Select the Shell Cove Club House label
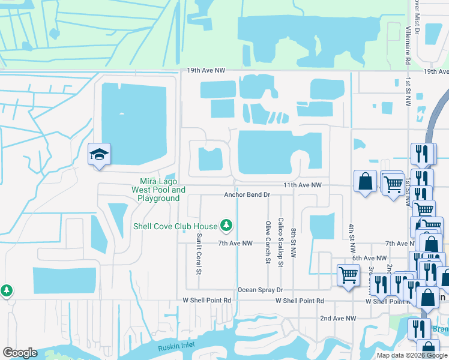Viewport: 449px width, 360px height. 175,226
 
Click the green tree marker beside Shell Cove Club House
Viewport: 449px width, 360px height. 226,226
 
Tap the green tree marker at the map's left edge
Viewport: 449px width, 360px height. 7,290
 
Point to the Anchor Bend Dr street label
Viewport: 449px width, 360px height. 247,195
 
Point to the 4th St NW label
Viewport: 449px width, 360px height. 352,238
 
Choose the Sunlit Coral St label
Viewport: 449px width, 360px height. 198,254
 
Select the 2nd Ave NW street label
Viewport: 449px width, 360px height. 338,318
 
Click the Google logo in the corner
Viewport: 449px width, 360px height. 20,353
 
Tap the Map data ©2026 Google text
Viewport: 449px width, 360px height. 411,355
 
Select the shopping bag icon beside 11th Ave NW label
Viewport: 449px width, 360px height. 365,182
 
